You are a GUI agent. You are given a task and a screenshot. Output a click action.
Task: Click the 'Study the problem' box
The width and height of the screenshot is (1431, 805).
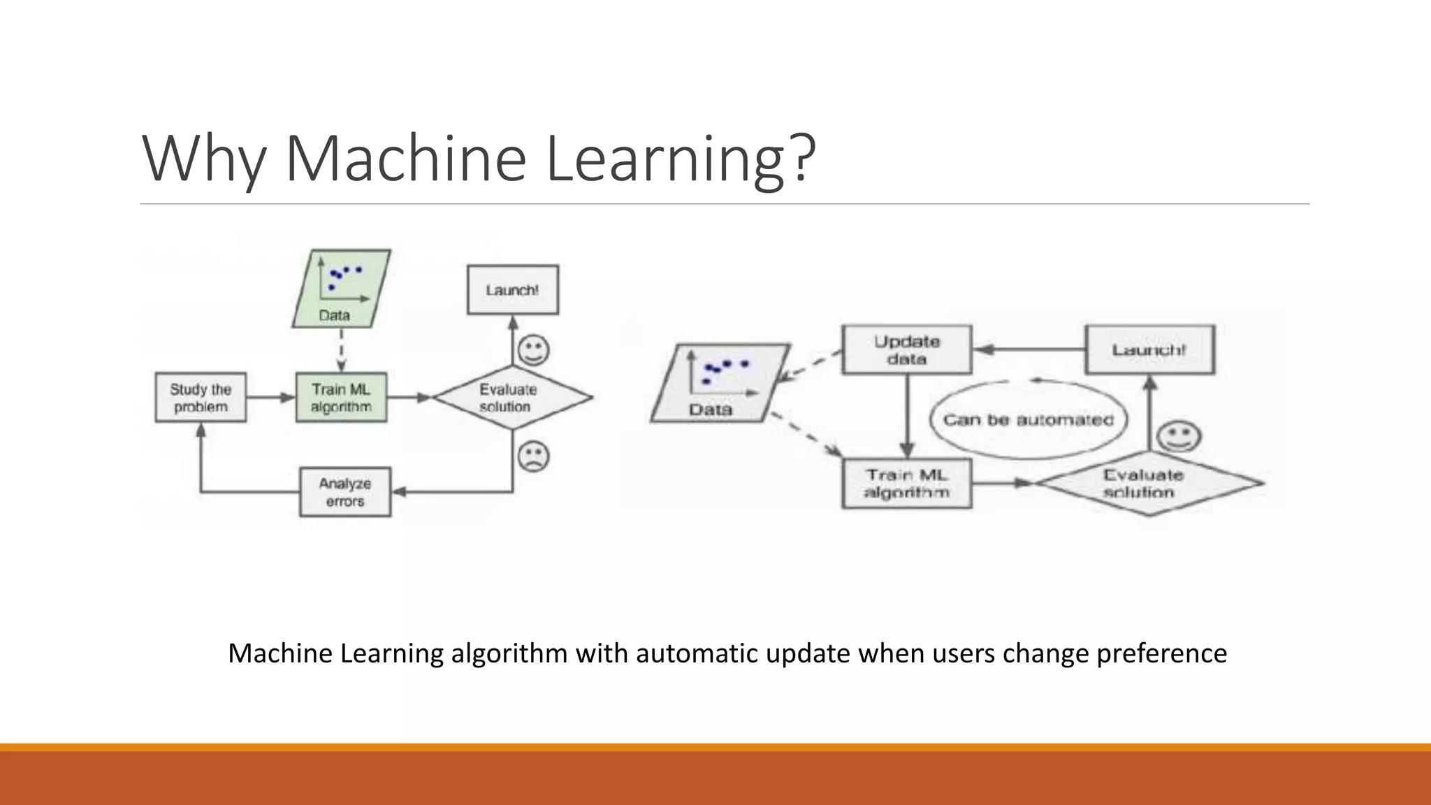pos(201,398)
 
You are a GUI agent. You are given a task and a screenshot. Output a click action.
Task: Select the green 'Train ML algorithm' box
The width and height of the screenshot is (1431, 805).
pos(341,398)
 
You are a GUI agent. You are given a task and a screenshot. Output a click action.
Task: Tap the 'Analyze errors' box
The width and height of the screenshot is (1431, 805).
pos(345,492)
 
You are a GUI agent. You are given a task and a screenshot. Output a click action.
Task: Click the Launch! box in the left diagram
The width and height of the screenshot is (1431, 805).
pos(512,290)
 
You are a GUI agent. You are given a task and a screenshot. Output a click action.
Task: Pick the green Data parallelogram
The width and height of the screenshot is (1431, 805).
pos(341,289)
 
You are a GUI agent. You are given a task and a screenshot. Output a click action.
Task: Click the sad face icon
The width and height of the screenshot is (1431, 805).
pos(533,456)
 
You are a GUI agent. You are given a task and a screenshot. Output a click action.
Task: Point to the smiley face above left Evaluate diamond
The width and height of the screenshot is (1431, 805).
pos(533,350)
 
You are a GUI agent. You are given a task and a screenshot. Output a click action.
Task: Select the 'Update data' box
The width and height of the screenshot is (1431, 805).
pos(906,350)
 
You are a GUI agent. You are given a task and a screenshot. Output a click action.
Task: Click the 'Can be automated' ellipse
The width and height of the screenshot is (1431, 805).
pos(1028,420)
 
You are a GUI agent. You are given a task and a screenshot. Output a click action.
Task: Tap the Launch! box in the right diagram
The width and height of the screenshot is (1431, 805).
pos(1149,349)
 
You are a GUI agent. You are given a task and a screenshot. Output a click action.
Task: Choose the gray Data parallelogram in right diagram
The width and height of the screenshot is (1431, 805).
pos(720,383)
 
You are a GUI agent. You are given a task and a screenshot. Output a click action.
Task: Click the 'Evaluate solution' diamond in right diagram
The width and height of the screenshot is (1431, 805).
pos(1149,483)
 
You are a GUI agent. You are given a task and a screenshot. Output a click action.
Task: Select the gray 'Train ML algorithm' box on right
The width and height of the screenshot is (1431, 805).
pos(906,484)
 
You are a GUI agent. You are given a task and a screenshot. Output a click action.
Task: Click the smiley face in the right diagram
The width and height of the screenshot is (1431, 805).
pos(1179,437)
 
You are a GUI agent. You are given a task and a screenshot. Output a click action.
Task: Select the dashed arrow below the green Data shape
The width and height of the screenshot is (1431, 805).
pos(341,349)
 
